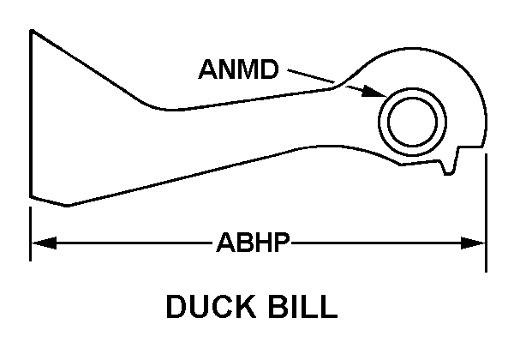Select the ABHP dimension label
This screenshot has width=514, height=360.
coord(253,245)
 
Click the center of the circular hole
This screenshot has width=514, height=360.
coord(413,120)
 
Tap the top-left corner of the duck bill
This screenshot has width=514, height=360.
coord(33,32)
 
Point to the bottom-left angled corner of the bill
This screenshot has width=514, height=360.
coord(67,205)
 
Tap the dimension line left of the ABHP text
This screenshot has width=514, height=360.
coord(128,245)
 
